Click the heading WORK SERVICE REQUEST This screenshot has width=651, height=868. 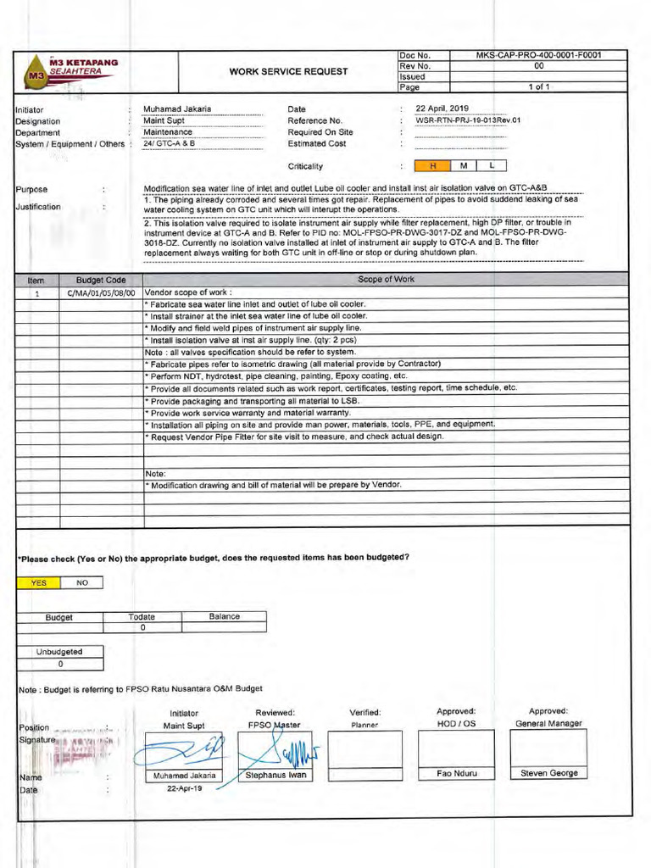(x=288, y=71)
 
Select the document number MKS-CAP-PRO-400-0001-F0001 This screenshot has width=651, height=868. (x=538, y=55)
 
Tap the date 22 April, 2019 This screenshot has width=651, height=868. (x=448, y=108)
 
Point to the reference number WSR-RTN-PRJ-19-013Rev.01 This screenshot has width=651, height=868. (x=468, y=120)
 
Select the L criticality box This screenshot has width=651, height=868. (x=492, y=165)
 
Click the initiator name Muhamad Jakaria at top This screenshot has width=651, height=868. (x=177, y=108)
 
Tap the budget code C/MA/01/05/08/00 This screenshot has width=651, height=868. (x=102, y=292)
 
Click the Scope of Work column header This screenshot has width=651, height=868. (x=386, y=280)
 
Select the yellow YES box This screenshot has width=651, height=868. (x=39, y=582)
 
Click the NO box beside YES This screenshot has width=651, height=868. (x=82, y=582)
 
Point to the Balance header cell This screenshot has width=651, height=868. (x=225, y=616)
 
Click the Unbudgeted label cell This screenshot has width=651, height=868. (x=59, y=652)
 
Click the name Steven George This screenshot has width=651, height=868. (x=548, y=773)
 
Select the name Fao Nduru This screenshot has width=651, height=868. (x=456, y=773)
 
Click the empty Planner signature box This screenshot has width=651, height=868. (x=365, y=754)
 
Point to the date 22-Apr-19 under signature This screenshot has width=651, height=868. (x=184, y=788)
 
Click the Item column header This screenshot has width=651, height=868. (x=36, y=280)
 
